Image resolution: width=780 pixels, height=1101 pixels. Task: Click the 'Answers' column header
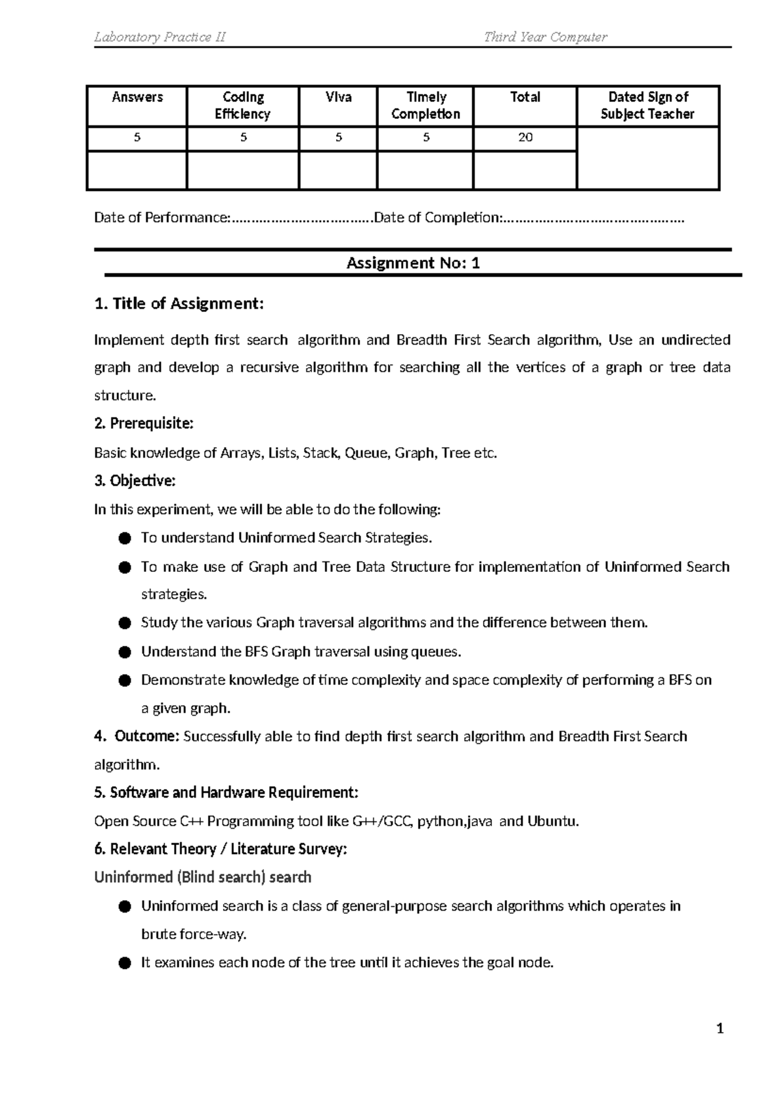137,97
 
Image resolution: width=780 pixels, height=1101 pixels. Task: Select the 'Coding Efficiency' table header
243,105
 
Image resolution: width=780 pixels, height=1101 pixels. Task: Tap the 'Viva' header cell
339,97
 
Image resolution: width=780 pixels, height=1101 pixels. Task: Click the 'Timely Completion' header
426,105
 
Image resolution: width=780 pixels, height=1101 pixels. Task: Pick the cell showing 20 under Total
525,137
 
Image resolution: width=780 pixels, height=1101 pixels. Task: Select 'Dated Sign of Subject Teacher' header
647,105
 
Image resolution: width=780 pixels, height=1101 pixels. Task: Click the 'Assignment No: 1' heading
413,263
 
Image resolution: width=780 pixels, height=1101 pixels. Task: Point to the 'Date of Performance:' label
162,218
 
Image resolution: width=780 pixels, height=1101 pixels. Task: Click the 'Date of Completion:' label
437,218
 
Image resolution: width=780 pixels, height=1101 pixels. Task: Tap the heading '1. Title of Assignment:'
179,304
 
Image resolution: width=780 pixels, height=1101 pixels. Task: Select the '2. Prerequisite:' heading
144,424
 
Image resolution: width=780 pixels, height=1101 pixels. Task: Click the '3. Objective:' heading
135,481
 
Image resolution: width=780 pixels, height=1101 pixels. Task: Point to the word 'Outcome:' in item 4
146,736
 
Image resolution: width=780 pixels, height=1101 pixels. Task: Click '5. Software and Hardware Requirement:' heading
226,793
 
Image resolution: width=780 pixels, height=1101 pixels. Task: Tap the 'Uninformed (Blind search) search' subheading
203,877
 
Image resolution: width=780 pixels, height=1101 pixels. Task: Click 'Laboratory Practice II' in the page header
160,37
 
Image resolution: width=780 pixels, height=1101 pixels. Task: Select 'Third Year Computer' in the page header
545,37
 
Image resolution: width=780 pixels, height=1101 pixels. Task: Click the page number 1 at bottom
720,1029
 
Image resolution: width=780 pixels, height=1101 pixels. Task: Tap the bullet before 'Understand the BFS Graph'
125,652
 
